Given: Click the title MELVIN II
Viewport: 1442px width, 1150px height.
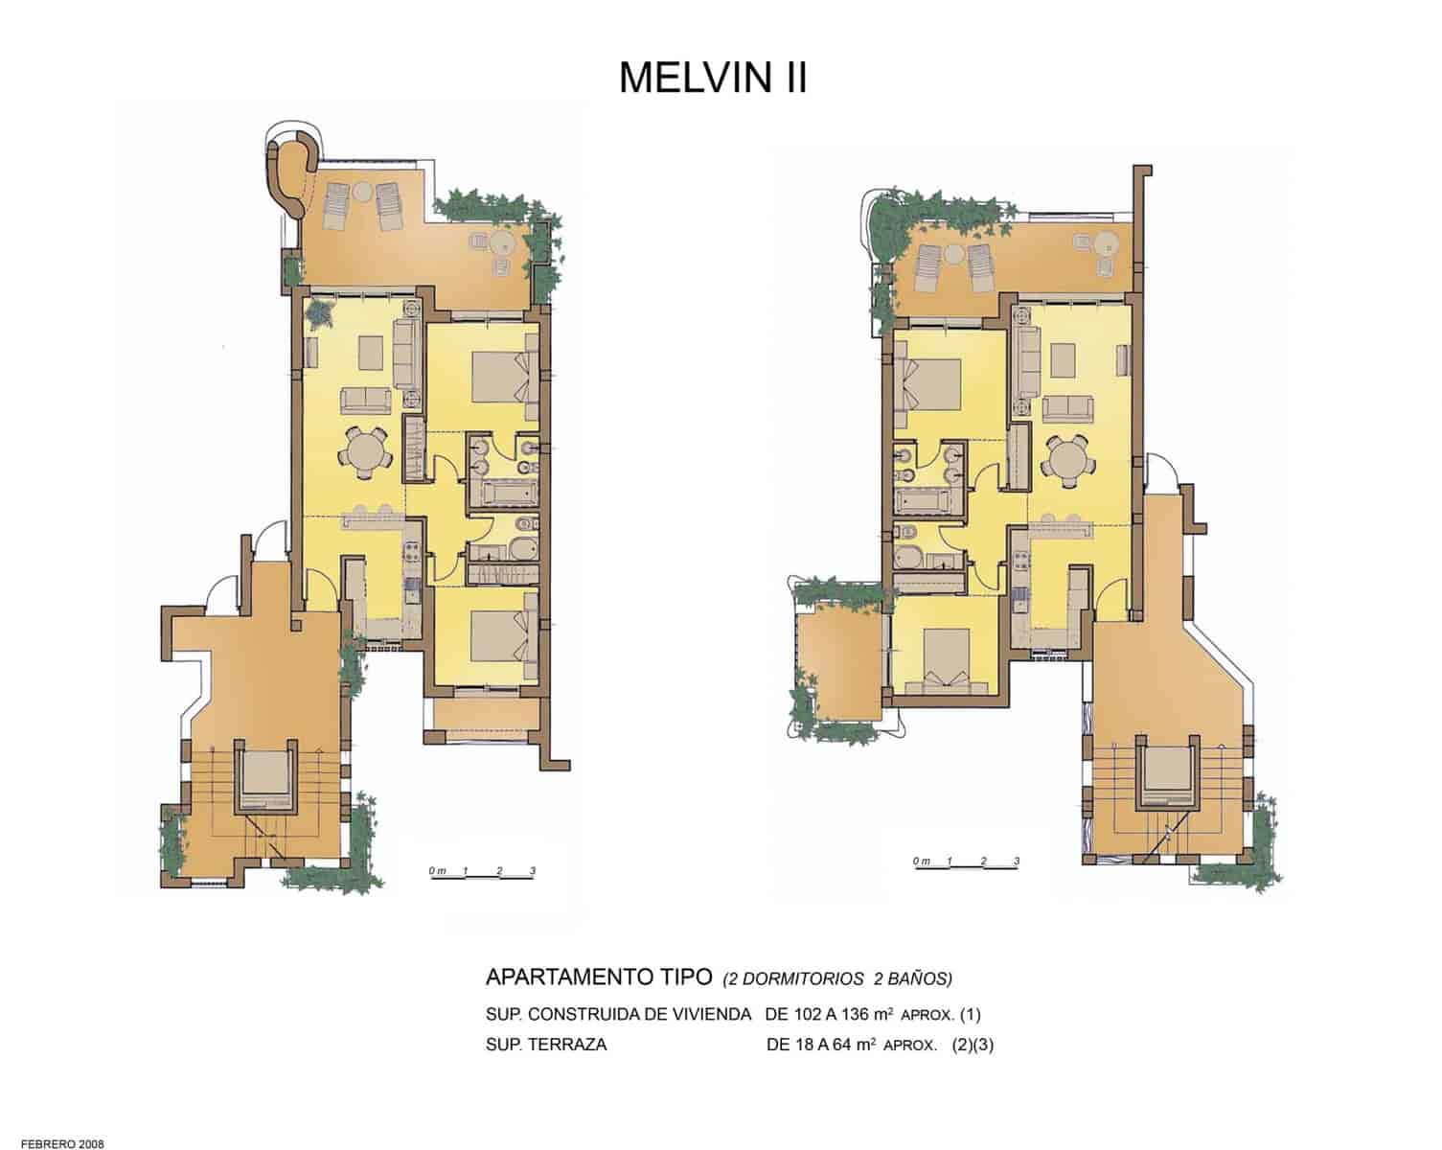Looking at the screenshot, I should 713,78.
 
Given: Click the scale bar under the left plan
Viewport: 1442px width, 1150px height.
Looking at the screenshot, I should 482,873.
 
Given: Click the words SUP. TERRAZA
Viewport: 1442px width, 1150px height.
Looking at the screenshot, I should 546,1046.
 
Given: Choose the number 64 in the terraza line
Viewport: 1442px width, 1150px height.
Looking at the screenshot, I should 837,1046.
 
